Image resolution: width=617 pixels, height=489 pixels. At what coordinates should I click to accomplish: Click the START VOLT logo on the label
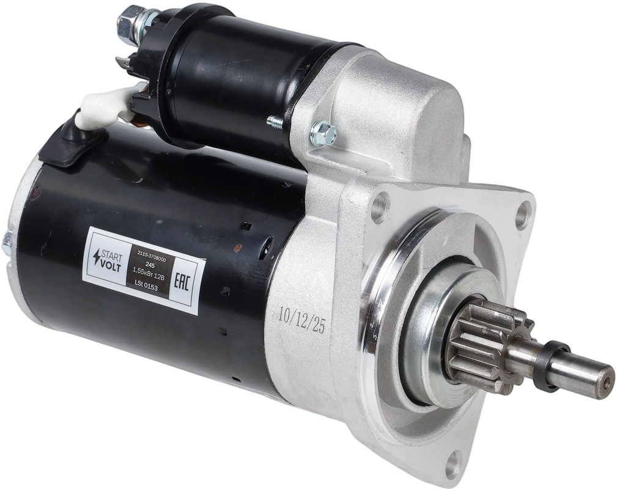coord(108,260)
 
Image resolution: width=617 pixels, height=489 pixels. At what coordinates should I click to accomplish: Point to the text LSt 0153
coord(146,287)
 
